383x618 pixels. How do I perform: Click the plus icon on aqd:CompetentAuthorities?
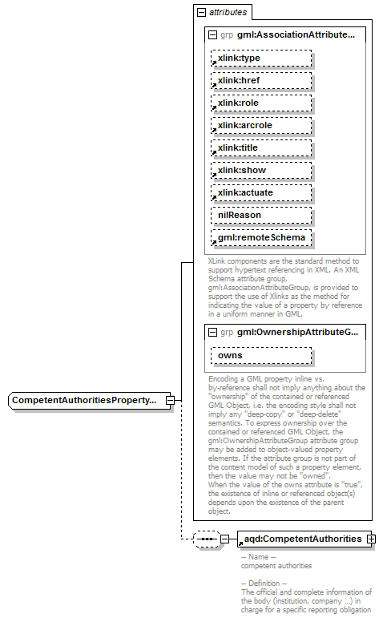coord(371,539)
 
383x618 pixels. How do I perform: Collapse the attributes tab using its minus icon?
coord(200,13)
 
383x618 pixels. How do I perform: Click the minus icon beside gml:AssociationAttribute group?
coord(212,35)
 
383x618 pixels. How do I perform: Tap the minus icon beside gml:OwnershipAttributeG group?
coord(212,332)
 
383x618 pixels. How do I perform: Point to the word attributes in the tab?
coord(228,13)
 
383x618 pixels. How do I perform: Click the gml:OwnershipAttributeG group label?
coord(297,332)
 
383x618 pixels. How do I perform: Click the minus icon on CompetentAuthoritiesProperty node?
coord(170,399)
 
